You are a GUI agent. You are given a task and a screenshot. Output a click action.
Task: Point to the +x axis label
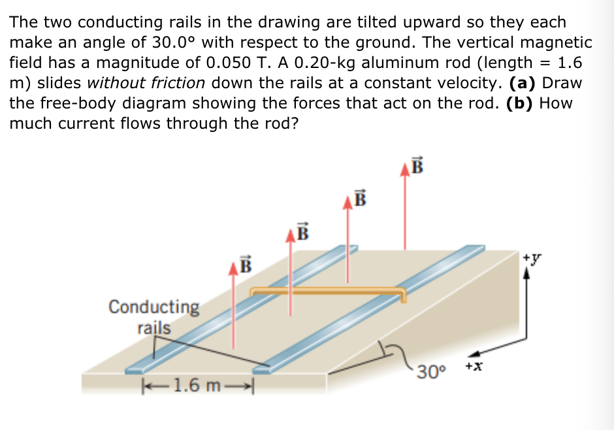coord(474,367)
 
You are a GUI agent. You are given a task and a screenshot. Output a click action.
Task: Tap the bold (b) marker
coord(521,103)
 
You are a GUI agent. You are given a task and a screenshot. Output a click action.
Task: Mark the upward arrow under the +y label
coord(529,301)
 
